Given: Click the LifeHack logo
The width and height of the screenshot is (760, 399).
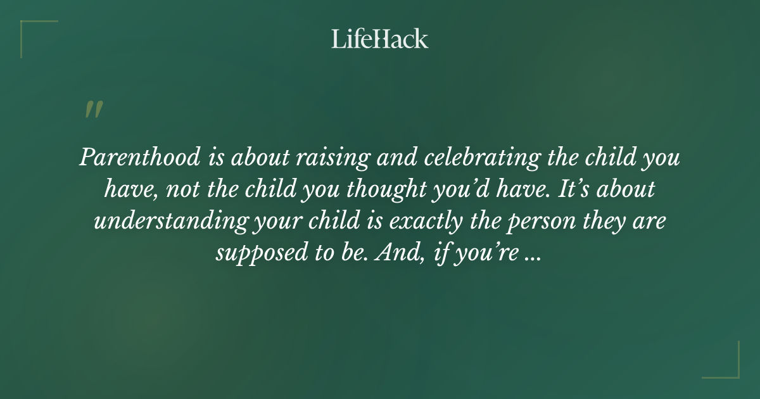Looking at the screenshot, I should click(x=380, y=39).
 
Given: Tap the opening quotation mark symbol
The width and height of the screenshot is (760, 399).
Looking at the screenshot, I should click(x=93, y=110).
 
